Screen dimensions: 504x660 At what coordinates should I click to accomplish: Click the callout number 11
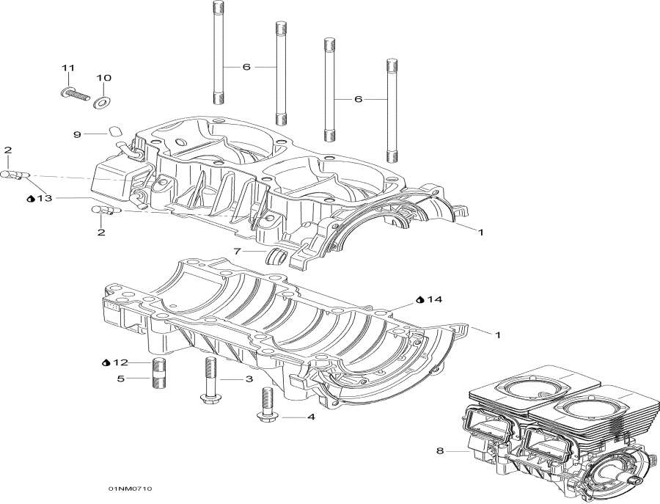[68, 67]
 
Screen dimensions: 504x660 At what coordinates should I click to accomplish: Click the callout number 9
[76, 134]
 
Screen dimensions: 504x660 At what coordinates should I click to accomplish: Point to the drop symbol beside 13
[31, 199]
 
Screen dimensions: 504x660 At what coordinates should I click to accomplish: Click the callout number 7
[237, 252]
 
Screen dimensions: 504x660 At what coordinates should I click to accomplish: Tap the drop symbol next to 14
[419, 300]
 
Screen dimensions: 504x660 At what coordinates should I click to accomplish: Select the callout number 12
[121, 362]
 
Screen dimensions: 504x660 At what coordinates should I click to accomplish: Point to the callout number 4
[311, 417]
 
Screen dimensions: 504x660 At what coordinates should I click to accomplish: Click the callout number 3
[249, 379]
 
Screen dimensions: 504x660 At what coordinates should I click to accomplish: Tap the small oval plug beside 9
[115, 132]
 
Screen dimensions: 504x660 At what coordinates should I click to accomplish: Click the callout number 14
[435, 300]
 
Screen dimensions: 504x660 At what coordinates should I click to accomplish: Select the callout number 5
[121, 379]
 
